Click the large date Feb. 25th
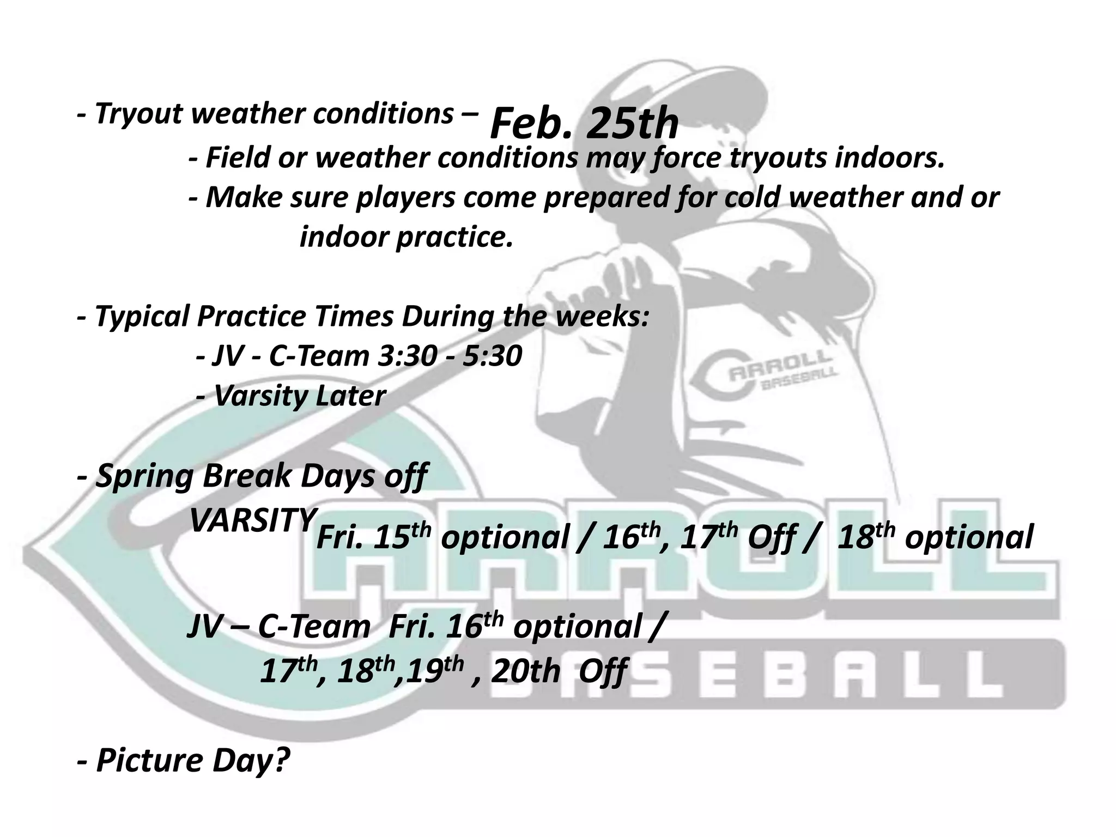pos(584,123)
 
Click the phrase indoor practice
pos(407,237)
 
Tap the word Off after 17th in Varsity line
pos(769,538)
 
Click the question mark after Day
pos(278,760)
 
